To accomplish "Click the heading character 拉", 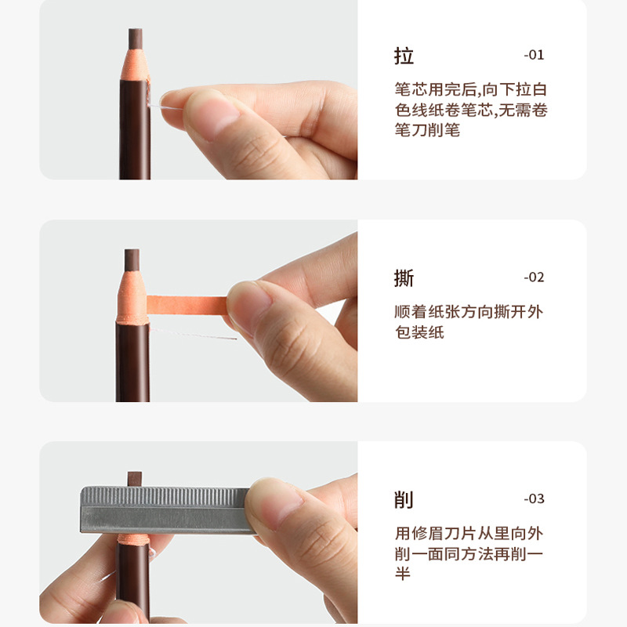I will pos(404,56).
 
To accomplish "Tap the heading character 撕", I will pos(404,277).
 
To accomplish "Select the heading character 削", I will pos(404,499).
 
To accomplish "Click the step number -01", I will pos(533,55).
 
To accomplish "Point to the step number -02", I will pos(533,277).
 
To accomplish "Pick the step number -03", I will pos(533,498).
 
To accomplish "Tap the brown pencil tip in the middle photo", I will pos(132,259).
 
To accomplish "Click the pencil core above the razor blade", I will pos(135,477).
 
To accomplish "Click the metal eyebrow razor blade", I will pos(165,509).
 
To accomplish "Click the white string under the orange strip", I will pos(196,335).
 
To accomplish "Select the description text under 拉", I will pos(470,110).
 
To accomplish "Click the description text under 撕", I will pos(469,322).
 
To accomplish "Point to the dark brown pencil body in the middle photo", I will pos(132,361).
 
